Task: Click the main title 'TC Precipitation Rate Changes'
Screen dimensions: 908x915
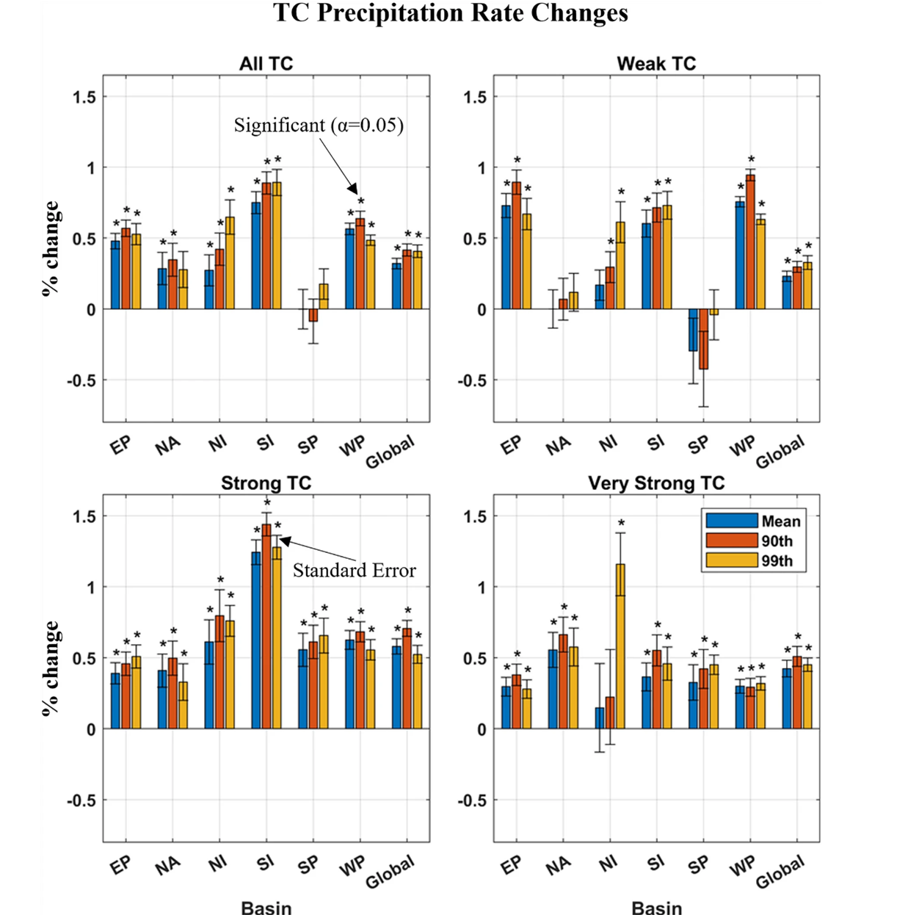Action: coord(451,12)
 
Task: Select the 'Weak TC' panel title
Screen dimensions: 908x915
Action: coord(656,64)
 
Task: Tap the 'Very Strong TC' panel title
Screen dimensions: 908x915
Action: coord(656,483)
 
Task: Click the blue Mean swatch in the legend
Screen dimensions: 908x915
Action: coord(731,521)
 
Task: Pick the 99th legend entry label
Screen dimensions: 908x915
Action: coord(777,561)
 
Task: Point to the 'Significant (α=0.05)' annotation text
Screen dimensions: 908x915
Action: coord(319,126)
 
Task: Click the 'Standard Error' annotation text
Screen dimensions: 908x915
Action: coord(354,571)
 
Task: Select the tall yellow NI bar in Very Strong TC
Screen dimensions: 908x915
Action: coord(620,646)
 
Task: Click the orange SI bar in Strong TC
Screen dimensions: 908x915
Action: coord(266,626)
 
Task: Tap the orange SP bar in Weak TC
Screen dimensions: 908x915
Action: coord(703,339)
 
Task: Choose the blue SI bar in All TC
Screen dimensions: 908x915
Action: coord(256,256)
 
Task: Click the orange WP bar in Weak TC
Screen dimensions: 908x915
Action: coord(750,242)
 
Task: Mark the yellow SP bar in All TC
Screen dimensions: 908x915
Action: coord(323,297)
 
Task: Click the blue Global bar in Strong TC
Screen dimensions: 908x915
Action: coord(396,687)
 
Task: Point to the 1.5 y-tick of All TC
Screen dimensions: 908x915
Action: coord(84,98)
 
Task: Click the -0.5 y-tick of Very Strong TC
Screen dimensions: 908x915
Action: coord(473,800)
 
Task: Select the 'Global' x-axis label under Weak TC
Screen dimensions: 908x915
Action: coord(780,452)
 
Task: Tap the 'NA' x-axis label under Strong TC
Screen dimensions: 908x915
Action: coord(167,866)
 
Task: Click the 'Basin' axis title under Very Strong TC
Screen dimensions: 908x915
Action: coord(656,907)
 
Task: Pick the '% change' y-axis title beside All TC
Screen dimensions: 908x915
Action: coord(51,248)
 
